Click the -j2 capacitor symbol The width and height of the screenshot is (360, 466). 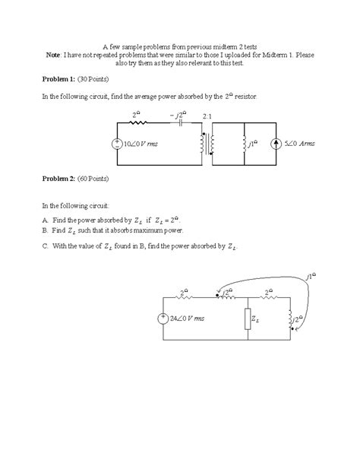click(x=181, y=125)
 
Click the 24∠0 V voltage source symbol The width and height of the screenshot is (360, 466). click(x=164, y=319)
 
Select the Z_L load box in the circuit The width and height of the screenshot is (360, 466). click(x=247, y=319)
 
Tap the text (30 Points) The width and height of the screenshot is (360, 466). click(x=97, y=80)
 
